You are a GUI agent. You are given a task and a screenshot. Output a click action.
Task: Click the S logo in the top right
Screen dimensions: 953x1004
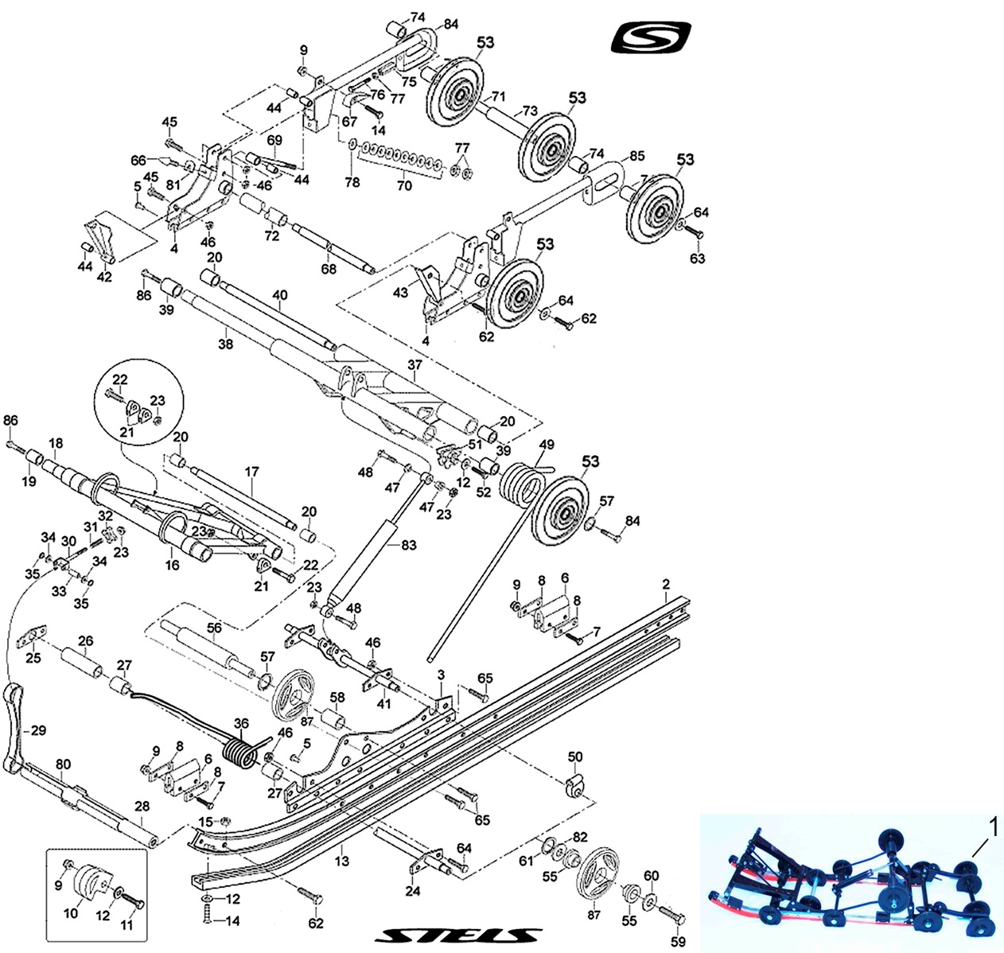tap(650, 38)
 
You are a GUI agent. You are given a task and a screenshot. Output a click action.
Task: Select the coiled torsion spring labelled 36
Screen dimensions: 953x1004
tap(239, 753)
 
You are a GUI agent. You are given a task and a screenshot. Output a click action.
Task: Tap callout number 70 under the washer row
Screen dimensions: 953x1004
tap(404, 185)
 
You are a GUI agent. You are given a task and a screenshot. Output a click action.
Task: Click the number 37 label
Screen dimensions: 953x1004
tap(414, 365)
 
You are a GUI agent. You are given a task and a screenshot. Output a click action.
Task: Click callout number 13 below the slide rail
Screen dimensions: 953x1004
tap(342, 862)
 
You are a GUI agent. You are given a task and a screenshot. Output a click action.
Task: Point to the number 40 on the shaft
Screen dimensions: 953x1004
tap(279, 296)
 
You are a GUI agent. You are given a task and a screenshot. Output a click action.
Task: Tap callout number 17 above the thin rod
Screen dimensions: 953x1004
tap(251, 472)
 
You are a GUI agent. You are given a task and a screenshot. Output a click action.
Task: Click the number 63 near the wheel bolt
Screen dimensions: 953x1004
tap(697, 259)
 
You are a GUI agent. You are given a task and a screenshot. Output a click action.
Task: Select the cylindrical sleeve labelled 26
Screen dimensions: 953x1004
tap(82, 661)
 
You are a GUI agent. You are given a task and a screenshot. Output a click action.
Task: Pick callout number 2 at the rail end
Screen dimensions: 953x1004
tap(666, 585)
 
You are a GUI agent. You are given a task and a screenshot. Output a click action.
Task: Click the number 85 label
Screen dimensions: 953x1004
tap(636, 156)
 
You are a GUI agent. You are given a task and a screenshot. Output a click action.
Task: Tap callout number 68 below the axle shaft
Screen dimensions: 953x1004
tap(329, 269)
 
